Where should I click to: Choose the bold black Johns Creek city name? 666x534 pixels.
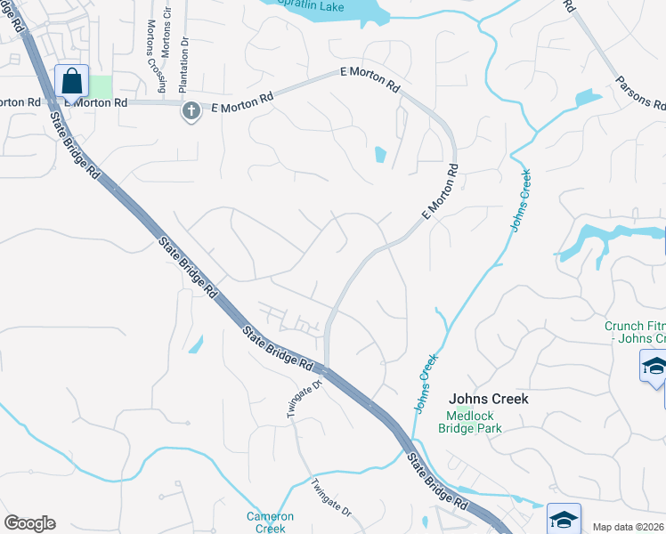489,399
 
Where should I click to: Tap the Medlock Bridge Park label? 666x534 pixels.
469,421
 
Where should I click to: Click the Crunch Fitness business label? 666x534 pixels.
635,332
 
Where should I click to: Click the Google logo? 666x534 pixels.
29,523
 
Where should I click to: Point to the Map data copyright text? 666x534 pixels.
629,527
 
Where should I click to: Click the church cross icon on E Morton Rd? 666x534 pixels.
190,110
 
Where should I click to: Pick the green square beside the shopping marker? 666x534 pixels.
102,87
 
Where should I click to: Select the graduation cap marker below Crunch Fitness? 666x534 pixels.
654,367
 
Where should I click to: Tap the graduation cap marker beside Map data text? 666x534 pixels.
564,517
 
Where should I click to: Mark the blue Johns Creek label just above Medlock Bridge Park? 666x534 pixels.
426,384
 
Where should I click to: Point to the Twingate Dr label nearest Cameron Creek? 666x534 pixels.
331,498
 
